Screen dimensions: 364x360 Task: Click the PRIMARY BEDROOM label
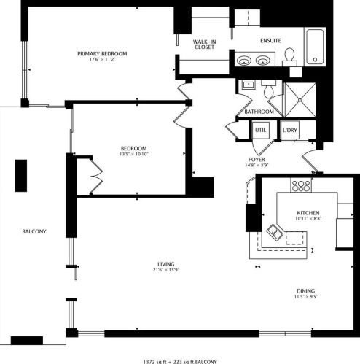(103, 53)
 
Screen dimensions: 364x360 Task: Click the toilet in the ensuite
(289, 56)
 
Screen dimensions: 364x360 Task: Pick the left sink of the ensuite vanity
(243, 60)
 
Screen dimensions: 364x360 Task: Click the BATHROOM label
(259, 112)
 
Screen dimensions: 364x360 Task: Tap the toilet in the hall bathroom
(268, 89)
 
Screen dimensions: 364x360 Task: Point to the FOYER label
(257, 159)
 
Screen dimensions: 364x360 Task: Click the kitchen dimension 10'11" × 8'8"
(308, 218)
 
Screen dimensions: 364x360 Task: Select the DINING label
(305, 291)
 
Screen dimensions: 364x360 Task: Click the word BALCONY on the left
(34, 231)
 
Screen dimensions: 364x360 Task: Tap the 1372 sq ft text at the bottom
(157, 360)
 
